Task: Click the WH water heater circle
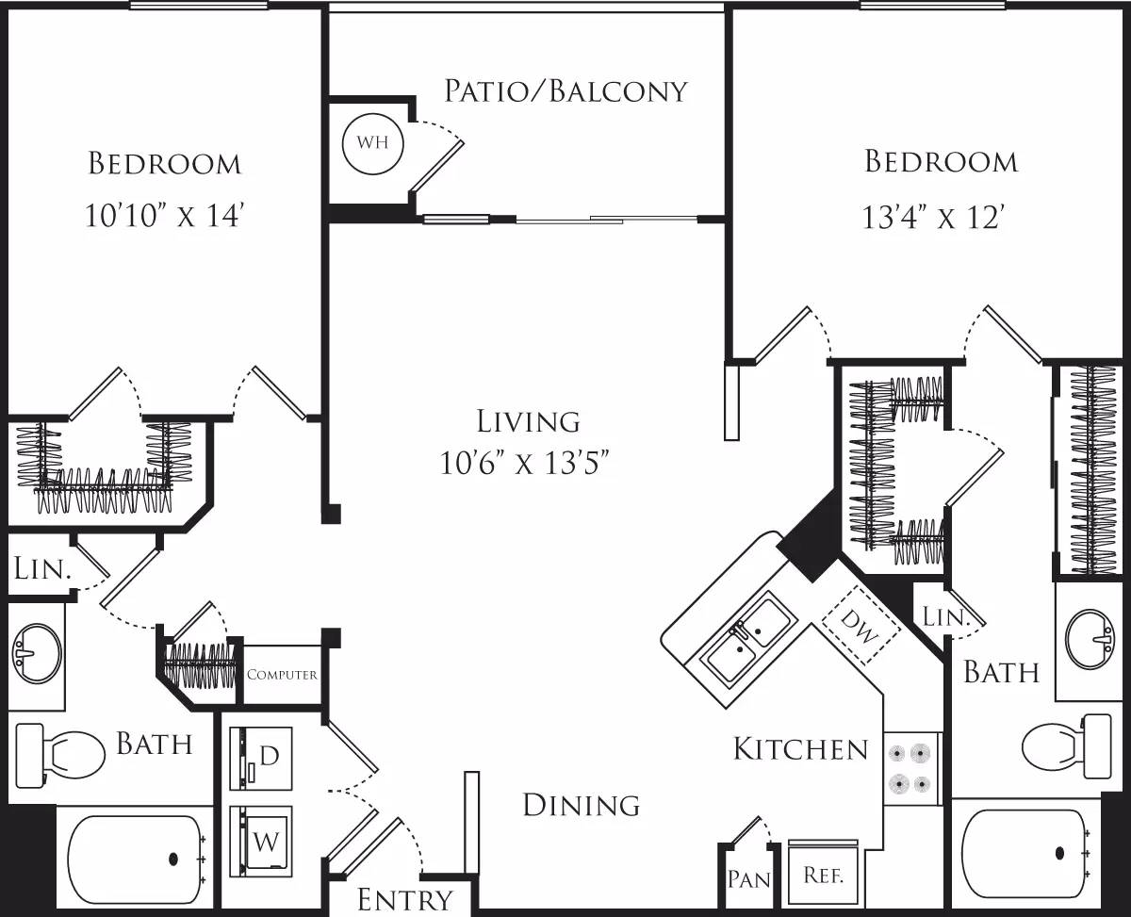tap(372, 145)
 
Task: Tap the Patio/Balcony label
tap(565, 90)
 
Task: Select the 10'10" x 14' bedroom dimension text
tap(165, 217)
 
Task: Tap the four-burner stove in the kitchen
tap(911, 768)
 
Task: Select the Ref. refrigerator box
tap(822, 874)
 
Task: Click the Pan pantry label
tap(749, 879)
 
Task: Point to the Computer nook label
tap(282, 675)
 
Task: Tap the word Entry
tap(405, 900)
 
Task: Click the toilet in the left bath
tap(61, 756)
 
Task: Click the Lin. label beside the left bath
tap(42, 569)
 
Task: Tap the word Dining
tap(581, 805)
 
